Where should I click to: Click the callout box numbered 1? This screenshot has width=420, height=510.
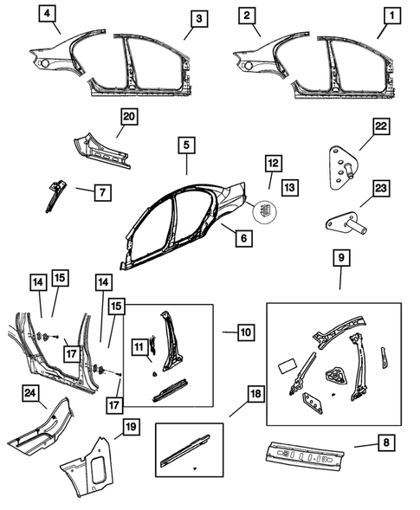click(394, 16)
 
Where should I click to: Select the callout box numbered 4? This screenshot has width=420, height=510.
click(47, 14)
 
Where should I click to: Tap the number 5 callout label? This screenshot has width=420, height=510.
click(187, 145)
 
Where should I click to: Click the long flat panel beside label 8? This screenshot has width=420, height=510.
click(308, 453)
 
